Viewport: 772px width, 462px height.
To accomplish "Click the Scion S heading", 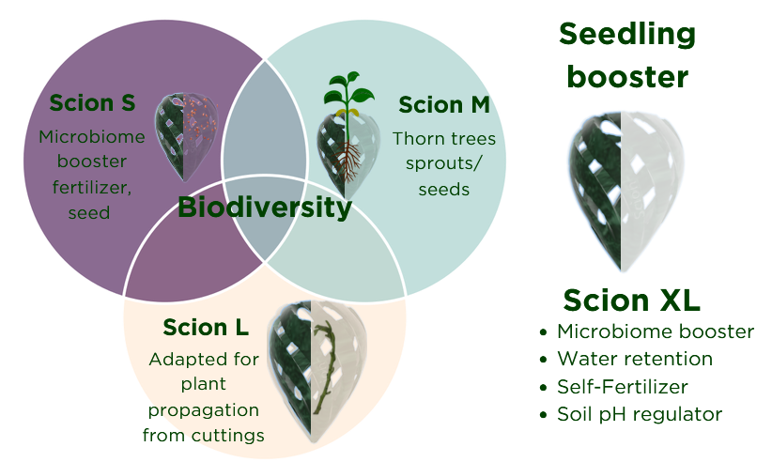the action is [92, 103].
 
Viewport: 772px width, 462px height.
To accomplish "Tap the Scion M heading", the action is [444, 105].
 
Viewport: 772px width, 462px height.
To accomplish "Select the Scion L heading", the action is [206, 327].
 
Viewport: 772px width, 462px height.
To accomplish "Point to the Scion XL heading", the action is [632, 300].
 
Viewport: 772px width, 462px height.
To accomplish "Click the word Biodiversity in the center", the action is [265, 208].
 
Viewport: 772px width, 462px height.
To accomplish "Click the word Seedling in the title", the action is [627, 35].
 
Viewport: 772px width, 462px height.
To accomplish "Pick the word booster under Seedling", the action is [627, 77].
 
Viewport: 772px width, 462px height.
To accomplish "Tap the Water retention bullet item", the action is [635, 359].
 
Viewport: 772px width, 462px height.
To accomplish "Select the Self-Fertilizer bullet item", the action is [623, 387].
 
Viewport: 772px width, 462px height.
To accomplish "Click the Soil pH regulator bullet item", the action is [640, 414].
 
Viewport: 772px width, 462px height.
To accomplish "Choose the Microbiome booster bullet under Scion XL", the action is [656, 331].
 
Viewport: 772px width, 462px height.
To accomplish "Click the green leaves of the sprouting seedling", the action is [348, 89].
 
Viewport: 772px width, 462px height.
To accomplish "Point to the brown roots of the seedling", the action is [347, 161].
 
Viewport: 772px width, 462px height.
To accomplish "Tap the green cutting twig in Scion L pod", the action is [326, 366].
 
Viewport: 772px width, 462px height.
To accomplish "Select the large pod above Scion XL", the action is [625, 191].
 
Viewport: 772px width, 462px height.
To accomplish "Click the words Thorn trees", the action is [444, 139].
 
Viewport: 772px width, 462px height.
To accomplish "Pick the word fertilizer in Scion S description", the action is [92, 188].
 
